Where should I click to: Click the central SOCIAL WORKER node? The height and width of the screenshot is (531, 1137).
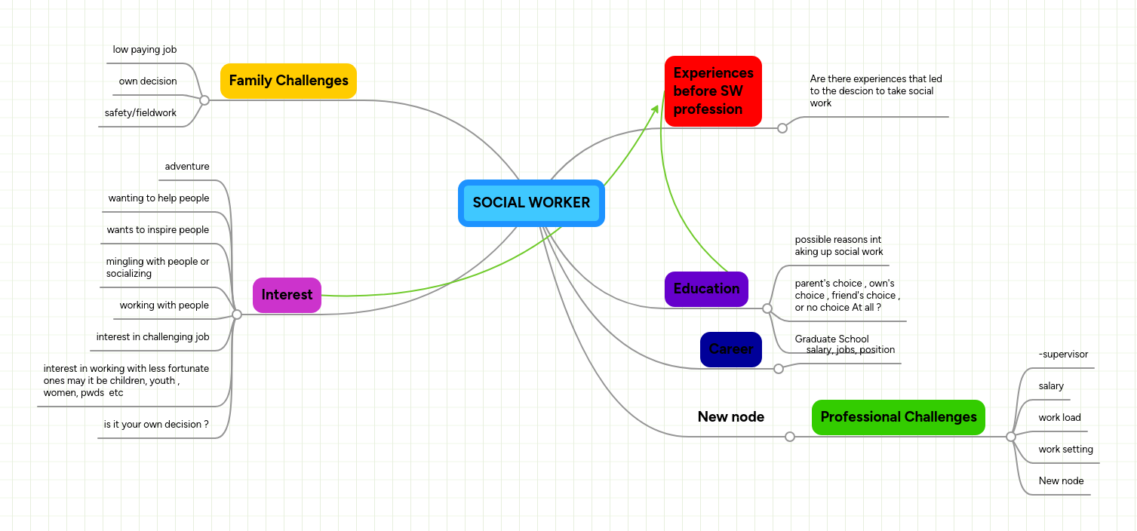click(531, 203)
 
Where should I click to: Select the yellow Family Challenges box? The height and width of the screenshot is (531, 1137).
click(288, 81)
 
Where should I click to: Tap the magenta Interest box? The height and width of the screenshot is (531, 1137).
click(287, 295)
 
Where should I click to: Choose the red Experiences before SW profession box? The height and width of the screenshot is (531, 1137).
click(713, 91)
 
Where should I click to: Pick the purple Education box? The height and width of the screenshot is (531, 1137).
click(706, 289)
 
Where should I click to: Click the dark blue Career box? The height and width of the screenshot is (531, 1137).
click(730, 349)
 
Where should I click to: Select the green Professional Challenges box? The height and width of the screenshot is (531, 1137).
click(898, 417)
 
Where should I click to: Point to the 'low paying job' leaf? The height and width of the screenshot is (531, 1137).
click(145, 50)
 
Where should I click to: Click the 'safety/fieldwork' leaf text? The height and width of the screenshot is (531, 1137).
click(140, 113)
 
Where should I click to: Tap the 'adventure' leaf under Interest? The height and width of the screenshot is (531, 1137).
click(187, 167)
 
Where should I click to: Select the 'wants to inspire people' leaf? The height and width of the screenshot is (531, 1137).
click(158, 230)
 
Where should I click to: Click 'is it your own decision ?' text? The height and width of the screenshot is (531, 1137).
click(156, 425)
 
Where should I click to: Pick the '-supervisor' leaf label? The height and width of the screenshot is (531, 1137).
click(1063, 355)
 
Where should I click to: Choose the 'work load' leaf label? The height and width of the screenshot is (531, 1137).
click(1059, 418)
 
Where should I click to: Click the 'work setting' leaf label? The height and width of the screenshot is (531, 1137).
click(1065, 450)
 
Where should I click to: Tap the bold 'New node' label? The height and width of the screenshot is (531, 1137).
click(730, 417)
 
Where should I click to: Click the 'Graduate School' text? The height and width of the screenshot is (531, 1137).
click(831, 339)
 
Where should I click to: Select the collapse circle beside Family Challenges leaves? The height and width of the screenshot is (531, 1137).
click(204, 100)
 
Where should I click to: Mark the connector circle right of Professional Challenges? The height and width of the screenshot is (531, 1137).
click(1011, 437)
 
